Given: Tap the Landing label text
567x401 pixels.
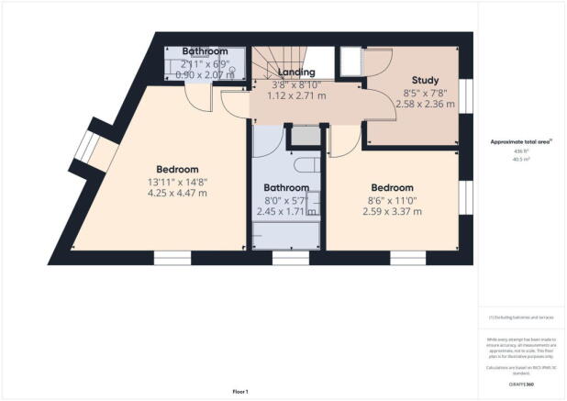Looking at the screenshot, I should [296, 72].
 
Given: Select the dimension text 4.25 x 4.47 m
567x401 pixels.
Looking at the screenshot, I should [177, 193].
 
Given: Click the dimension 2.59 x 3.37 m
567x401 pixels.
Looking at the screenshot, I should [392, 211].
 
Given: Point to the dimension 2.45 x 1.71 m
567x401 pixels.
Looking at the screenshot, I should [283, 210].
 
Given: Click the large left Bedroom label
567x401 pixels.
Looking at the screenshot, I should [177, 169].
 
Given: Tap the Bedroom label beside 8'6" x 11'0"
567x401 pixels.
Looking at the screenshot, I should [392, 187].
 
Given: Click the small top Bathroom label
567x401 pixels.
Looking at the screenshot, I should [205, 50].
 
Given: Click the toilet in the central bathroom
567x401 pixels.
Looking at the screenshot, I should [308, 166].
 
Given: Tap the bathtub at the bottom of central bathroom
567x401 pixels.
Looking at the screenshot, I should [285, 234].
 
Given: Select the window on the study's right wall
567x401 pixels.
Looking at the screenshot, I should [465, 95].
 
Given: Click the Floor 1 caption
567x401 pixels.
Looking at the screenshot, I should [240, 392].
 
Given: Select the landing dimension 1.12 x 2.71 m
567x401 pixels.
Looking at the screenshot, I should [296, 95].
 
